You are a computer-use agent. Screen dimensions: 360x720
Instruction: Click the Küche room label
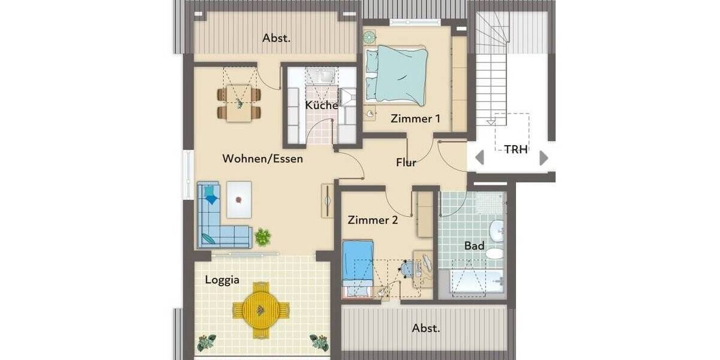pyautogui.click(x=321, y=106)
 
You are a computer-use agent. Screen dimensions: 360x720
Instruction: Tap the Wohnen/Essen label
pyautogui.click(x=262, y=159)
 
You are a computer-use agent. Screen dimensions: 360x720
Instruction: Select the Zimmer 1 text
pyautogui.click(x=415, y=119)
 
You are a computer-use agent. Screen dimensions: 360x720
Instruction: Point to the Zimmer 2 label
pyautogui.click(x=373, y=220)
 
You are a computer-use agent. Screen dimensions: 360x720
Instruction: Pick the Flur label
pyautogui.click(x=406, y=162)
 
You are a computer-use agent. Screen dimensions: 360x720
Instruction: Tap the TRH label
pyautogui.click(x=515, y=150)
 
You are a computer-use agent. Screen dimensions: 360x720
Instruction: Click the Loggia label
pyautogui.click(x=222, y=280)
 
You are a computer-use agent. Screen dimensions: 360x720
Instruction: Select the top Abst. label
pyautogui.click(x=276, y=38)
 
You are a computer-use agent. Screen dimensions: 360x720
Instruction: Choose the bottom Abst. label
pyautogui.click(x=426, y=329)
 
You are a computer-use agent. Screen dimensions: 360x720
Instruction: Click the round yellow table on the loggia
pyautogui.click(x=260, y=310)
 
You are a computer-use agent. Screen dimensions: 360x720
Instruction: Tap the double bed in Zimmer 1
pyautogui.click(x=397, y=75)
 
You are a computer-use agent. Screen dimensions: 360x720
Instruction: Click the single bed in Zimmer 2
pyautogui.click(x=358, y=268)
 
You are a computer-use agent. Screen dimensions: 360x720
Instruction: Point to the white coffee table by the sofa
pyautogui.click(x=239, y=199)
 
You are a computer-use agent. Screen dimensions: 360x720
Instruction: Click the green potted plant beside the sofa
pyautogui.click(x=262, y=237)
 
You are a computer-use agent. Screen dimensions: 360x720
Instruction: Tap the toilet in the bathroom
pyautogui.click(x=494, y=253)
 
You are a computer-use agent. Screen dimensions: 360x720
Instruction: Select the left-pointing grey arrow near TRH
pyautogui.click(x=479, y=158)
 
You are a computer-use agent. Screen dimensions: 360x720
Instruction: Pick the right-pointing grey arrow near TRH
pyautogui.click(x=544, y=158)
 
